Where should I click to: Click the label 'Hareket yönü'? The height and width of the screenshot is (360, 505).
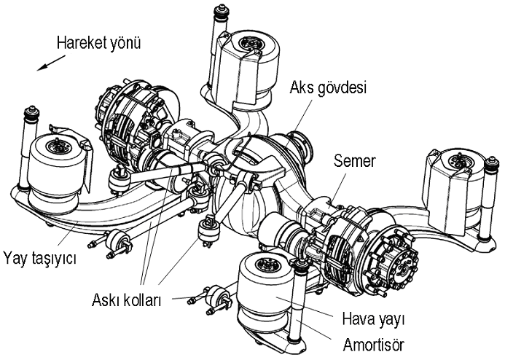(98, 42)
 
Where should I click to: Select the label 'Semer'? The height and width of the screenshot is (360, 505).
(355, 160)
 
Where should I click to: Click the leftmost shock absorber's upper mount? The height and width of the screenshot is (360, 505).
(32, 116)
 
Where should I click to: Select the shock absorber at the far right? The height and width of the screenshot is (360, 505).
(485, 204)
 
